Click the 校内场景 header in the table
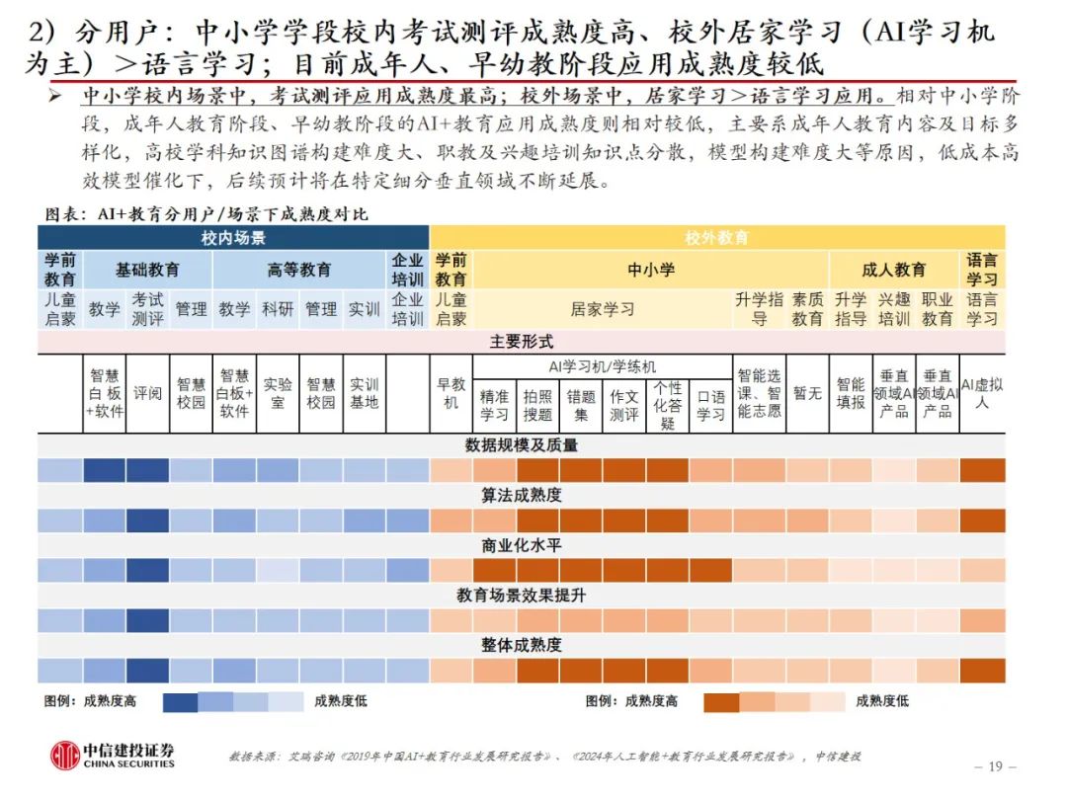pos(233,238)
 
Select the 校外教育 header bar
pos(717,238)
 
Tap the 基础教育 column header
pos(147,270)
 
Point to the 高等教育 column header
pos(299,270)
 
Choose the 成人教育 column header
pos(894,270)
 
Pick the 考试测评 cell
pos(147,308)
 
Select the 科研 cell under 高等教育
pos(278,309)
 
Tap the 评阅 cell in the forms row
pos(147,393)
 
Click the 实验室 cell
pos(278,393)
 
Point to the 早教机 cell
pos(451,393)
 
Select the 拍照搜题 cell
pos(537,405)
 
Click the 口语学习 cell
pos(710,405)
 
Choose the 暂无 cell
pos(807,393)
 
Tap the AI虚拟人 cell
pos(982,393)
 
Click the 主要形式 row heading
pos(521,342)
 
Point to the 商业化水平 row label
pos(521,545)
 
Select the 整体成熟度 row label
pos(521,645)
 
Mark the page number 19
pos(995,766)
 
